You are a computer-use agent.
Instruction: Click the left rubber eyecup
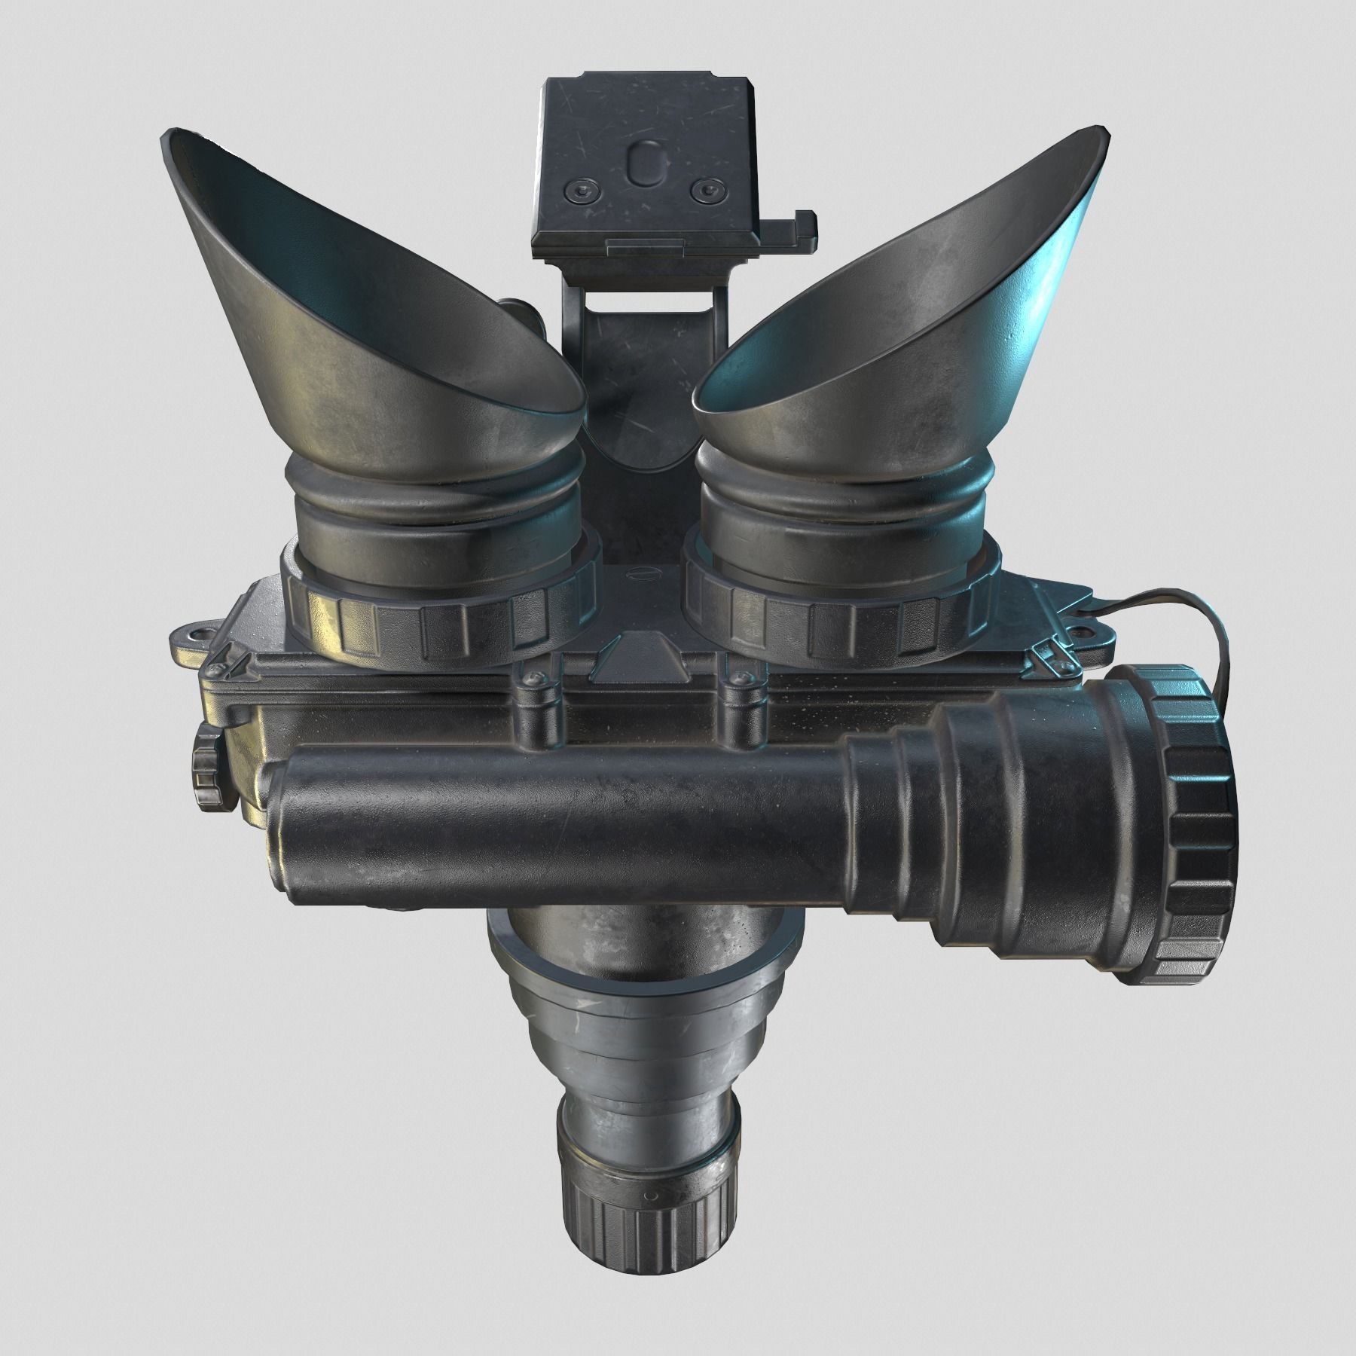point(362,301)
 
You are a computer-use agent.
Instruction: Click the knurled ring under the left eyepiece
point(437,603)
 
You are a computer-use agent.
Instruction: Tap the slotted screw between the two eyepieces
point(641,575)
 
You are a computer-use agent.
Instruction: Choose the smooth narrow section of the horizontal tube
point(557,814)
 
